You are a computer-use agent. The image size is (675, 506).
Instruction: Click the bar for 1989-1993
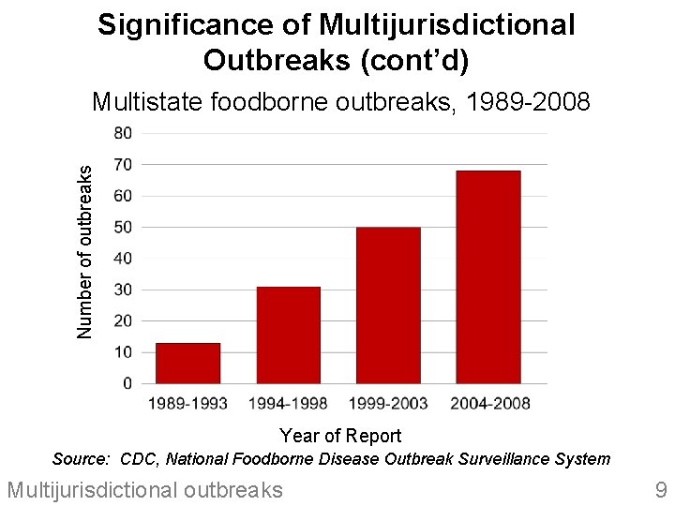187,364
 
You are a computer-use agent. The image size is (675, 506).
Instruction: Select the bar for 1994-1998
288,335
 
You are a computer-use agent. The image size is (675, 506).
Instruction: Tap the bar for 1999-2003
388,305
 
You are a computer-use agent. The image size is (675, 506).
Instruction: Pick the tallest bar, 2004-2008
487,277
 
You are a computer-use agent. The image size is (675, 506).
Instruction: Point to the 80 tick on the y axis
123,133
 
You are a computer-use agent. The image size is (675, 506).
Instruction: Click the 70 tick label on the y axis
123,165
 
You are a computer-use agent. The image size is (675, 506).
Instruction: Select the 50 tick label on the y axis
123,228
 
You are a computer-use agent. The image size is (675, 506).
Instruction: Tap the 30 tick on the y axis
123,290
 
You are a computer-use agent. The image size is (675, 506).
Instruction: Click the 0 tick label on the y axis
127,384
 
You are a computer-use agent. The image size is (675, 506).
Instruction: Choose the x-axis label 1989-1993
188,404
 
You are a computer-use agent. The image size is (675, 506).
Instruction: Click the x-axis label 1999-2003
388,404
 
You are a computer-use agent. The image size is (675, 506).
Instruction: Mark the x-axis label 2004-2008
489,404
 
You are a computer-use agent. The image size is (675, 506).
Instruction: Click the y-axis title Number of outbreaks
85,251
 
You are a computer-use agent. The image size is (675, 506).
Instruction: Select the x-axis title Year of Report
340,436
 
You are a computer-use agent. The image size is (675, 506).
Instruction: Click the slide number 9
660,488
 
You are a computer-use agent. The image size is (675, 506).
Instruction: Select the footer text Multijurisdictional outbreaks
144,488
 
